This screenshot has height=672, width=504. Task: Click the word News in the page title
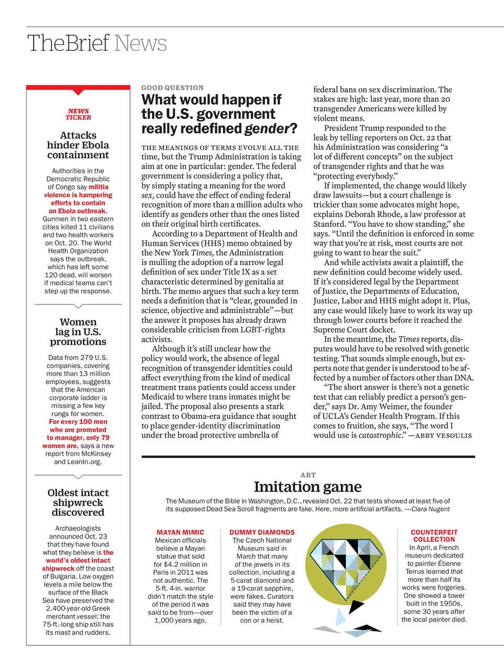pos(140,43)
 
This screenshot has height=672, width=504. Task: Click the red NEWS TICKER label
pos(78,114)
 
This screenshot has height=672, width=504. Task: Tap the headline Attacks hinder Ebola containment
pos(78,145)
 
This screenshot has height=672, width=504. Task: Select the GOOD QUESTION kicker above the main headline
pos(173,88)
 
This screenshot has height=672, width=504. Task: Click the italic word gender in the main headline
pos(266,129)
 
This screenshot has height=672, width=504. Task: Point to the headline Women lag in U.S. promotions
pos(78,332)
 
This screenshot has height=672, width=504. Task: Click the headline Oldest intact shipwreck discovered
pos(78,502)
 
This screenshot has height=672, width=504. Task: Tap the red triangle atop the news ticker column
pos(78,92)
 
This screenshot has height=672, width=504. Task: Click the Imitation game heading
pos(307,487)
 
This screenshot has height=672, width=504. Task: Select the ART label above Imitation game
pos(308,475)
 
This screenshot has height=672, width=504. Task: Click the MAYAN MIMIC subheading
pos(180,532)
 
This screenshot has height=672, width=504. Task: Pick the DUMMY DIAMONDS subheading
pos(262,532)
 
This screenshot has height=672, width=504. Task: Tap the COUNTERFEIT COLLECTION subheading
pos(434,535)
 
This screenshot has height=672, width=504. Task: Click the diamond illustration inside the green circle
pos(346,564)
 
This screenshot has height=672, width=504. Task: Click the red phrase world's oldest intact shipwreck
pos(78,560)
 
